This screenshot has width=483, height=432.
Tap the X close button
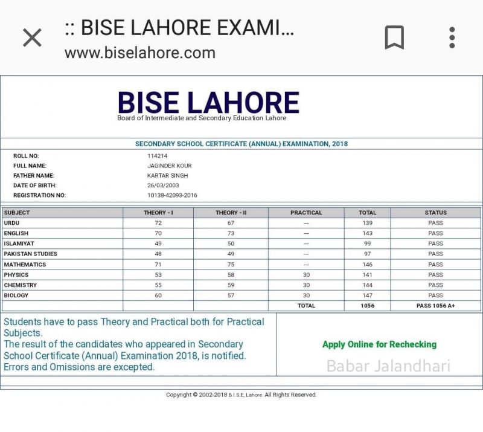[x=32, y=37]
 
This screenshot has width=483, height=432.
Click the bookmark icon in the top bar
[x=394, y=37]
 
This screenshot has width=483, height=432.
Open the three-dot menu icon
[x=452, y=37]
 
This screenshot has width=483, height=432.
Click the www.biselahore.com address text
[x=139, y=53]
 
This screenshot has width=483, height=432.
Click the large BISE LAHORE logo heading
[x=208, y=102]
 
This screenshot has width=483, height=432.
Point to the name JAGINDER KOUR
[x=170, y=166]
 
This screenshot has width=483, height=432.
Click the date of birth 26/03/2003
[x=163, y=185]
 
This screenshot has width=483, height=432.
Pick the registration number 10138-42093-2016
[x=172, y=195]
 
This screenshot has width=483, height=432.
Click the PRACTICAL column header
[x=306, y=213]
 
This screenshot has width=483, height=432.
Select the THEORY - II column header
[x=231, y=213]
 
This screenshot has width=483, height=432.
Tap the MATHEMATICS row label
[x=25, y=265]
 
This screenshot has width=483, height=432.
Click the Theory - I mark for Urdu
[x=159, y=223]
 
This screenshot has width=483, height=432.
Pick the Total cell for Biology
[x=367, y=295]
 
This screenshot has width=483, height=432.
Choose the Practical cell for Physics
[x=306, y=275]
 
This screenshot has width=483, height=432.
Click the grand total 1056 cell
[x=367, y=306]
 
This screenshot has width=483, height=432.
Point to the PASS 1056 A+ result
[x=435, y=306]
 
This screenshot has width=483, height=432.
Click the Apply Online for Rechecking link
[x=379, y=344]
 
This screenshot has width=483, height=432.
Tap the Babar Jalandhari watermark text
[x=388, y=366]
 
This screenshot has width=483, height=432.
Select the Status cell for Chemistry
[x=435, y=285]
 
